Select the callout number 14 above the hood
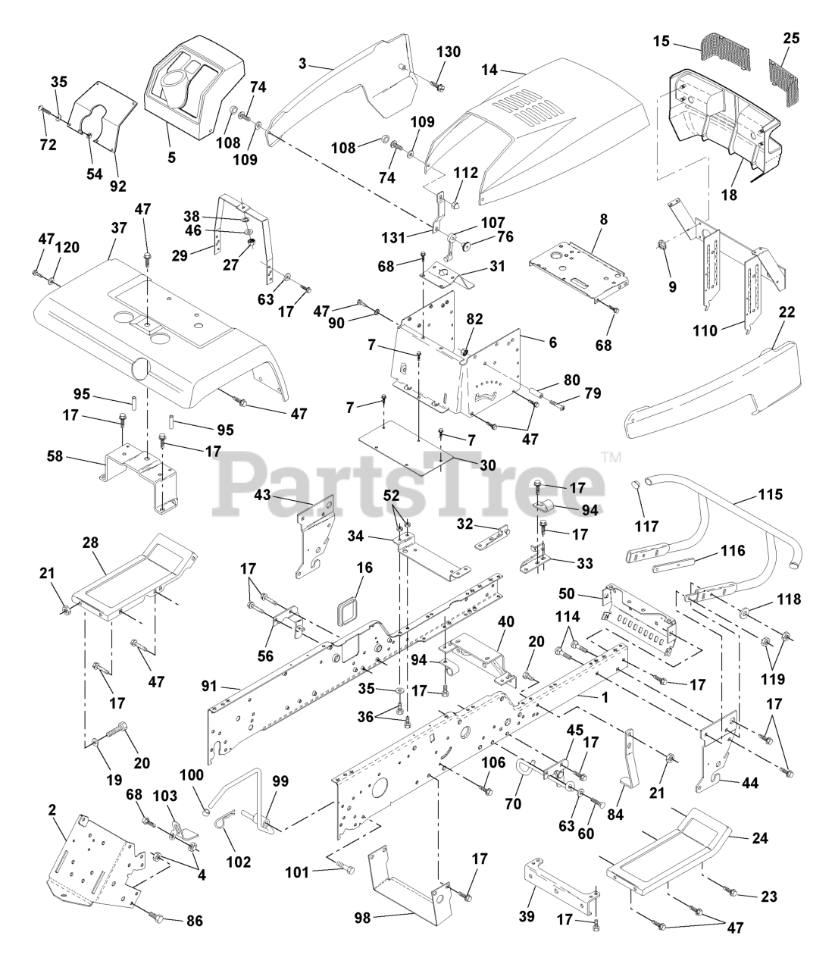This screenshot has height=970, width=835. (x=489, y=69)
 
